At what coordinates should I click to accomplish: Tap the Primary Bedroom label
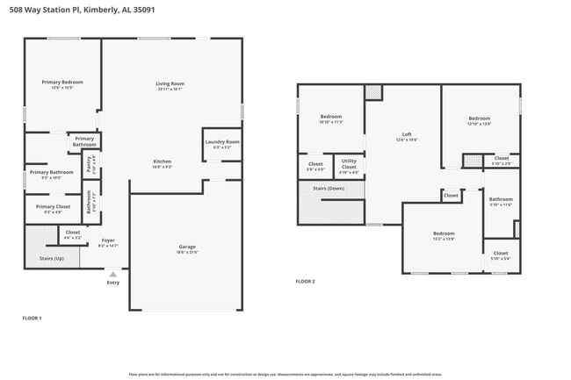tap(61, 82)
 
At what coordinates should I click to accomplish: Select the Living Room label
tap(170, 84)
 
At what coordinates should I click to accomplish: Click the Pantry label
tap(89, 163)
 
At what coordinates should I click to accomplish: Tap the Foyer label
tap(108, 240)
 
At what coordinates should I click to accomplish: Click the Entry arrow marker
tap(112, 274)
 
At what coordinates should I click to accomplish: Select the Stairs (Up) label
tap(52, 259)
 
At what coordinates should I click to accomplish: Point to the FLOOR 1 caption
tap(32, 318)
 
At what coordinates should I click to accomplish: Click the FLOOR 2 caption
tap(305, 282)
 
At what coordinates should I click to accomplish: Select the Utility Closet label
tap(349, 162)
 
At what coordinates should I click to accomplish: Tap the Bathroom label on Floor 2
tap(501, 200)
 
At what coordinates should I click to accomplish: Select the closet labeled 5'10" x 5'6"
tap(501, 254)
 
